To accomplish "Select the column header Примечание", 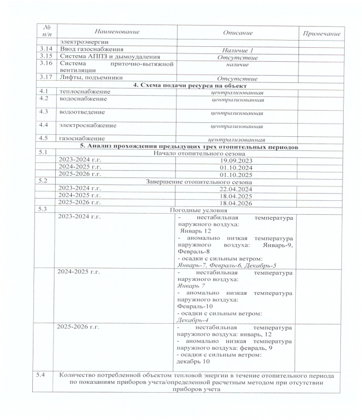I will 320,34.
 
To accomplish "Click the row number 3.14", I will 43,50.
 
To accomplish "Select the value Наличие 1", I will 238,51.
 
